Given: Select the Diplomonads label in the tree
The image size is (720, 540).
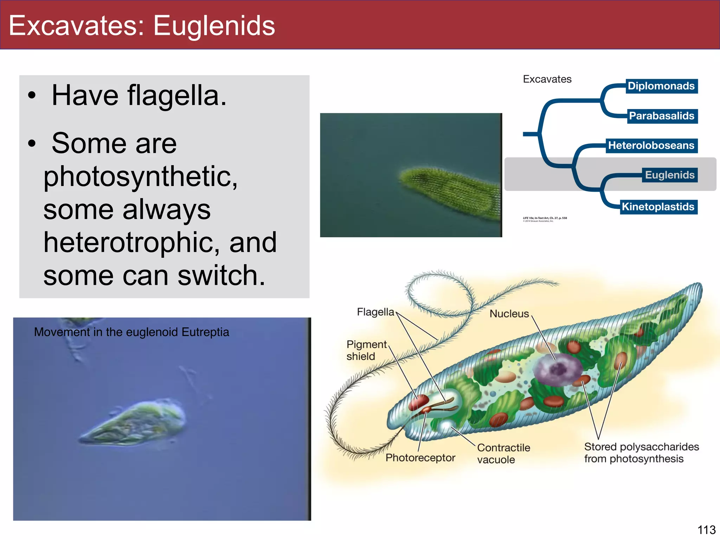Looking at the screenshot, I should tap(661, 86).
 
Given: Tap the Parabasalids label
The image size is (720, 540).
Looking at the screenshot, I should tap(661, 116).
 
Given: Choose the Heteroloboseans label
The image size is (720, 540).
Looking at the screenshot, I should tap(651, 146).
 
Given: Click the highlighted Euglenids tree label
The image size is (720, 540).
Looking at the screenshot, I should tap(670, 175).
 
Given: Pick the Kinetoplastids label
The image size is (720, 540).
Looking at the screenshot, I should tap(658, 207).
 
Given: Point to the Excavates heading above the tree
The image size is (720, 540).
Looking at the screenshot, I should tap(547, 79).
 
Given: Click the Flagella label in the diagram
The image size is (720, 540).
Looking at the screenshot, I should tap(375, 312).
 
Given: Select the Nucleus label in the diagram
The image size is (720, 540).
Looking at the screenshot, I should tap(509, 314).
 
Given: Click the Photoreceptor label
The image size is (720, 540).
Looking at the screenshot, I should tap(420, 457).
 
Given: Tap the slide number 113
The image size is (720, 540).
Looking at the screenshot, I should tap(706, 530).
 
